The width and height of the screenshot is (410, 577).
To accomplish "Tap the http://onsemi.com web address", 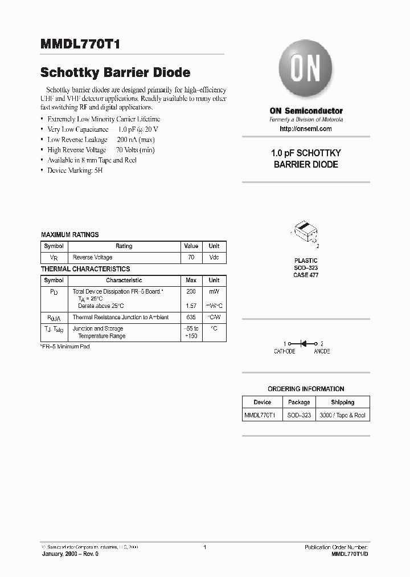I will click(306, 129).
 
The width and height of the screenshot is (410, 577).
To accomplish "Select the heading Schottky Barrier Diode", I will click(115, 73).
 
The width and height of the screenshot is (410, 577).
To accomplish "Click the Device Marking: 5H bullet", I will click(76, 170).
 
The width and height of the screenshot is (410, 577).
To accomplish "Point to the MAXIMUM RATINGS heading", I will click(69, 234).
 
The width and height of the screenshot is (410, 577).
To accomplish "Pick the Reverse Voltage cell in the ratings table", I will click(92, 258).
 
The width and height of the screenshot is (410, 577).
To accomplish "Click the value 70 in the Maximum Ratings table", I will click(191, 258).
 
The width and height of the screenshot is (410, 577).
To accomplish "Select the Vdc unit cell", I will click(214, 258).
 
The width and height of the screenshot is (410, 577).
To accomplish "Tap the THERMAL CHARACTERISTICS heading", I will click(85, 269).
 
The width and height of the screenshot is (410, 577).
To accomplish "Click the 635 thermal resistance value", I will click(191, 317).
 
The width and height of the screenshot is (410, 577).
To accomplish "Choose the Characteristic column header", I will click(124, 280).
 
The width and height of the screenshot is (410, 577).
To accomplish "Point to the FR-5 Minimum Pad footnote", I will click(65, 347).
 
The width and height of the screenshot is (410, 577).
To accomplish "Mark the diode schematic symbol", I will click(306, 344).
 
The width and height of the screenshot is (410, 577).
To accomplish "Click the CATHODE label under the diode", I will click(285, 352).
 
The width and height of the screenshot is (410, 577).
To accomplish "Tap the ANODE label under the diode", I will click(322, 352).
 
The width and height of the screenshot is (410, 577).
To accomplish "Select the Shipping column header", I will click(342, 403).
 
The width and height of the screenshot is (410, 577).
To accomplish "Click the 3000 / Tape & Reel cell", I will click(342, 416).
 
